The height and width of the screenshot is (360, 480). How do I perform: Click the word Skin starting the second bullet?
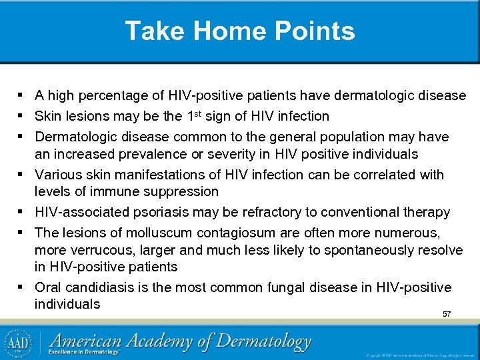47,117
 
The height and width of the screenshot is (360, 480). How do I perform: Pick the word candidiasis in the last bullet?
97,288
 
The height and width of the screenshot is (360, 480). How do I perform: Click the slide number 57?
447,314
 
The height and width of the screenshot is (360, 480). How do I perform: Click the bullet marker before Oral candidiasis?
23,287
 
